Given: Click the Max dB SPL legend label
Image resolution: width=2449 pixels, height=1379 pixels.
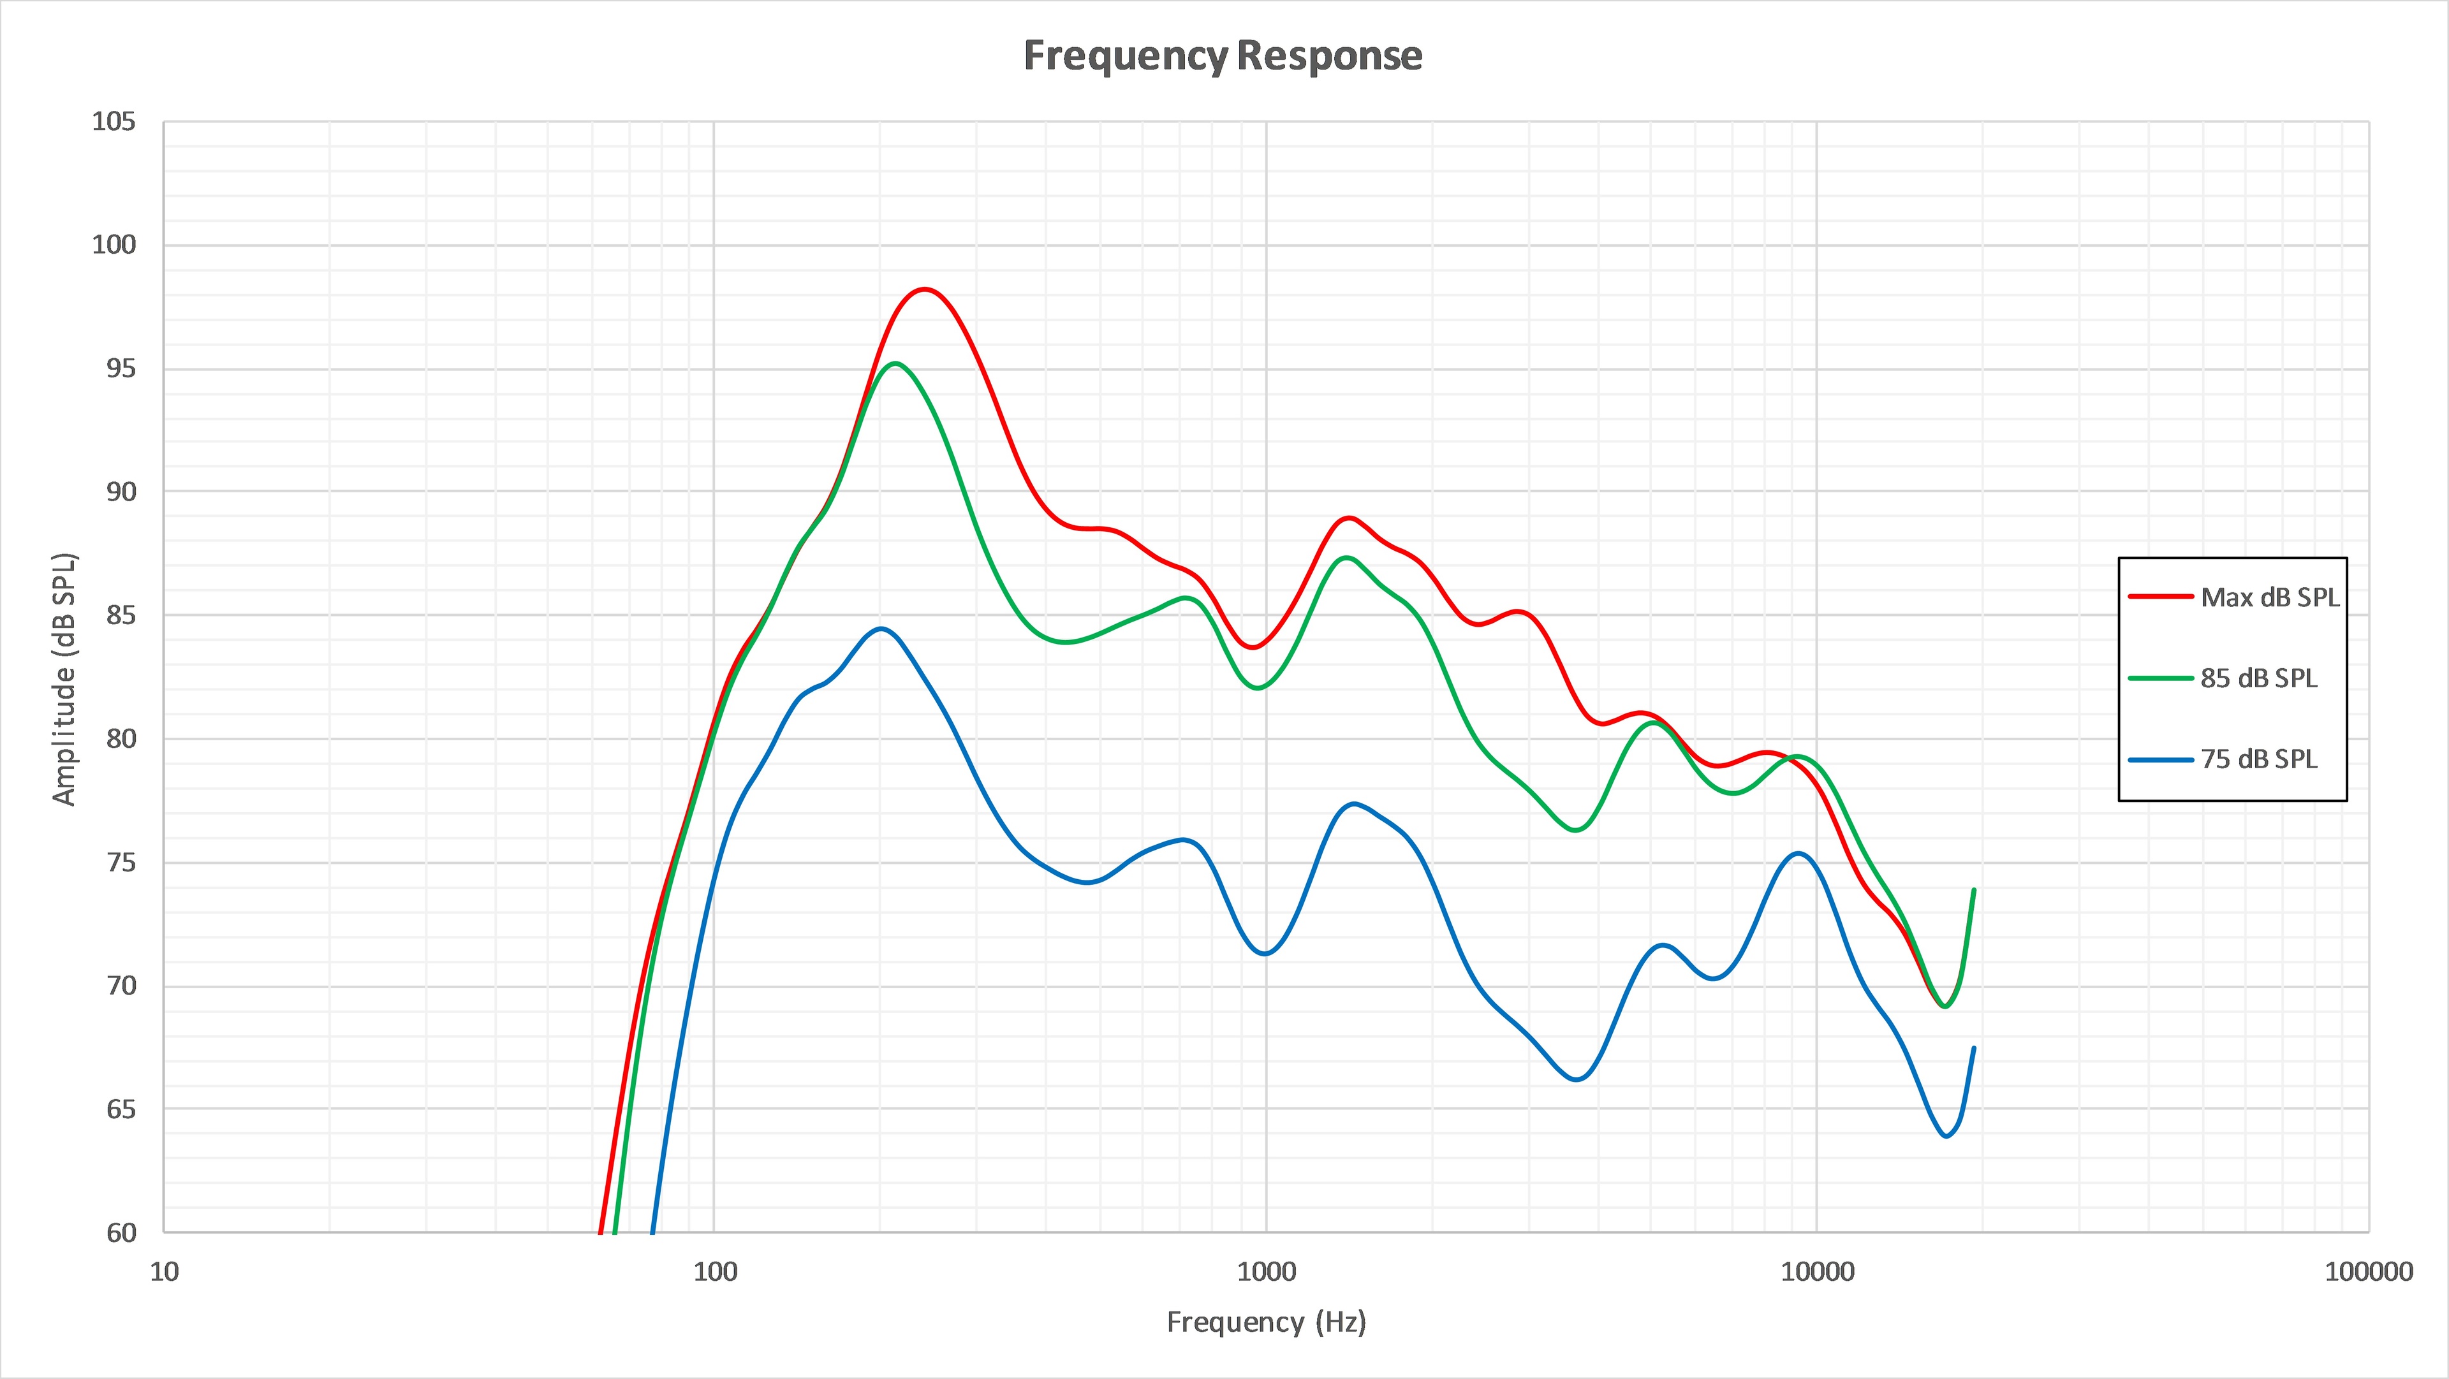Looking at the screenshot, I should point(2269,598).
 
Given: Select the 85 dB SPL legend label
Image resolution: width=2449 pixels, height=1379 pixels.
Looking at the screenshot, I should point(2259,678).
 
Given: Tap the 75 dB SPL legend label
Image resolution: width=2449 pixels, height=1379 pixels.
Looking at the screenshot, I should point(2259,759).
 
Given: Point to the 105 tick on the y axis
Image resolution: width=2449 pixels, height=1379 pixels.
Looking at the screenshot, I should point(113,122).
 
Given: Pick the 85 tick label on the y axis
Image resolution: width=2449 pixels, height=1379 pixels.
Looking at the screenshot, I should point(121,616).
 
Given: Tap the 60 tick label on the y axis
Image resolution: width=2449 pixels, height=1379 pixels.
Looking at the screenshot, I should point(121,1232).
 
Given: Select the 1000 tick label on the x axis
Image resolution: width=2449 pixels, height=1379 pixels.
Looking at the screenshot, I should point(1265,1272).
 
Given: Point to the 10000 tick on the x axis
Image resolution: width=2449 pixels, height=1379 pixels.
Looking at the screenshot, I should point(1817,1272).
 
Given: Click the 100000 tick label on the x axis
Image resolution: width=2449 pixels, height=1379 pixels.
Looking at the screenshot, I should point(2368,1272).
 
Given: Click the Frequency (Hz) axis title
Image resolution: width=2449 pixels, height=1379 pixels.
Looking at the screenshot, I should point(1265,1322).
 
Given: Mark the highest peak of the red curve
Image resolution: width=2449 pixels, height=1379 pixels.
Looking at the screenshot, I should point(924,289).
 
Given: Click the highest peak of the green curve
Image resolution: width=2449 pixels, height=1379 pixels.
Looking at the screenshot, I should point(895,364).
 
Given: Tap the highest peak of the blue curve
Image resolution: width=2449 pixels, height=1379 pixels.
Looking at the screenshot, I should point(882,628).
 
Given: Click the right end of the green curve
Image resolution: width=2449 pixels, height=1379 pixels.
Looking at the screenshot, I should point(1974,891).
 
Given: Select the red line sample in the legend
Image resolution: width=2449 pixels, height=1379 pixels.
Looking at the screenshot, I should point(2161,597).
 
